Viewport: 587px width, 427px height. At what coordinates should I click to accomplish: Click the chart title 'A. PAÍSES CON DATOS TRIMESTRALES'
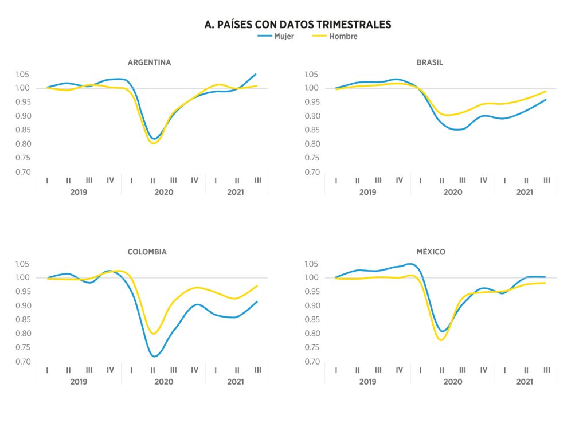(298, 24)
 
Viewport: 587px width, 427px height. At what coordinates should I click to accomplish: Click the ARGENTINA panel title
(149, 62)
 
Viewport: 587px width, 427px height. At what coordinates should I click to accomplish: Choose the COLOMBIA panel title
(147, 252)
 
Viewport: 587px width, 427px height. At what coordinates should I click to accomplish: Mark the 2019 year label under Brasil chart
(367, 192)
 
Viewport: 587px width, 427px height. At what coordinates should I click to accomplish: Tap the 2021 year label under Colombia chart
(236, 381)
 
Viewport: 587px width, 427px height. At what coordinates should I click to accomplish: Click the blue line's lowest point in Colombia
(154, 357)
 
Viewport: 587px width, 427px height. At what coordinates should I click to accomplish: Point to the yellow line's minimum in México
(441, 340)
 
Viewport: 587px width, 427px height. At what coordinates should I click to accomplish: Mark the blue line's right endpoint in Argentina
(256, 74)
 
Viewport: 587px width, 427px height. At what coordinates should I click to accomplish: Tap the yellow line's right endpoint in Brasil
(546, 91)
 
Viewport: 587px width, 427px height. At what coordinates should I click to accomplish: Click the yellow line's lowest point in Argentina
(153, 143)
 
